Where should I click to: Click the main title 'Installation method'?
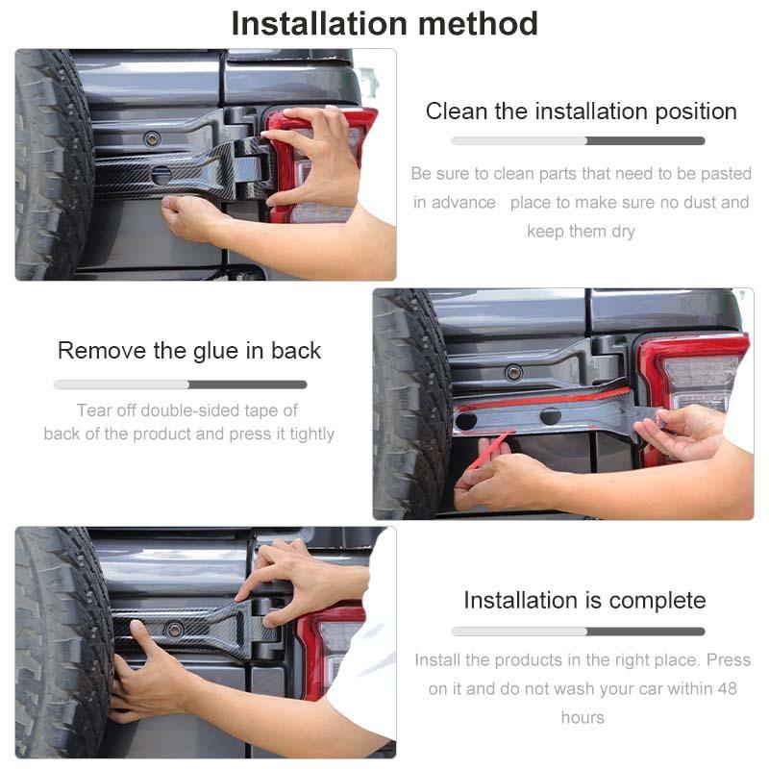[384, 22]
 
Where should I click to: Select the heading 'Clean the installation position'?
[581, 112]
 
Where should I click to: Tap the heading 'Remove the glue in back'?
[189, 351]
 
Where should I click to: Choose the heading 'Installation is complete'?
[584, 601]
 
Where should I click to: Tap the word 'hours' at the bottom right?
[583, 718]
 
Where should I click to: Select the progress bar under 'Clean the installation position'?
[578, 141]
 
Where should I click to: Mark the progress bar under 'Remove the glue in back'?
[180, 384]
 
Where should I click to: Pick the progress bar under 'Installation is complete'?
[578, 632]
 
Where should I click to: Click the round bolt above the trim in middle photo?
[514, 372]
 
